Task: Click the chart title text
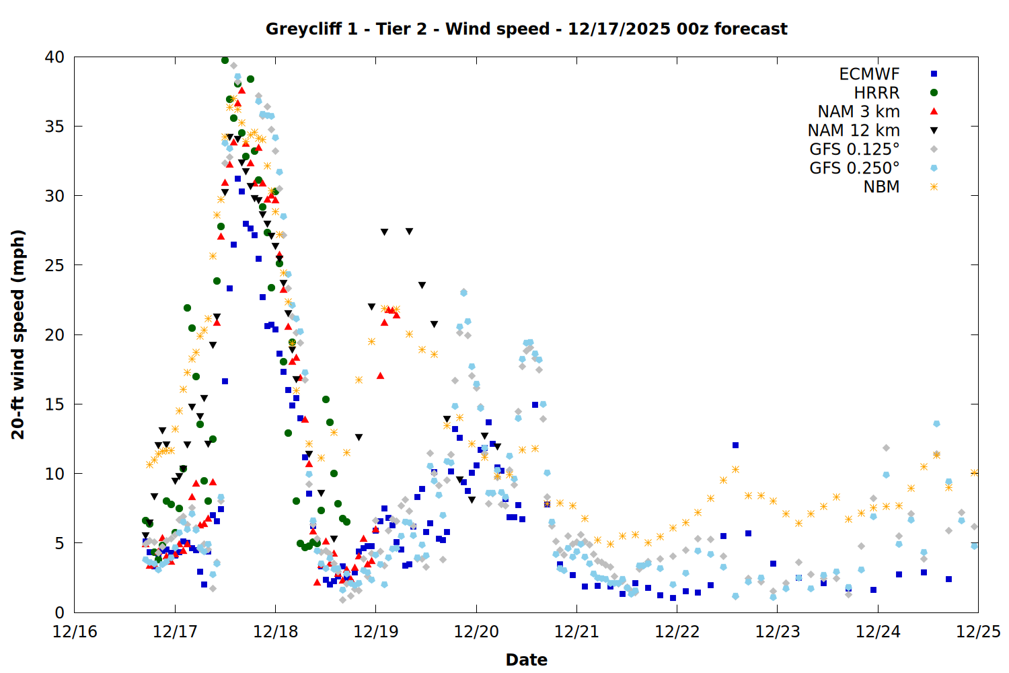tap(526, 29)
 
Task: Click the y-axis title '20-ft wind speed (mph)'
tap(18, 334)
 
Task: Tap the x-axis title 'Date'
tap(526, 660)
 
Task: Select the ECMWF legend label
tap(869, 74)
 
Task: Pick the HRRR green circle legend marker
tap(934, 93)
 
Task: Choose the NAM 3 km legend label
tap(858, 112)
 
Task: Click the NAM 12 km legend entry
tap(854, 131)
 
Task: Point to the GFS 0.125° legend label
tap(854, 149)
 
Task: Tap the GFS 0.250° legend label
tap(854, 168)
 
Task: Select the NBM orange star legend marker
tap(934, 187)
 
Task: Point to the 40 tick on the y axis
tap(54, 57)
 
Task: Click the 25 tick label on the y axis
tap(54, 265)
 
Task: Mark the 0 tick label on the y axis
tap(59, 612)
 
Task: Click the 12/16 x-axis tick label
tap(75, 632)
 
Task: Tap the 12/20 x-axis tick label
tap(476, 632)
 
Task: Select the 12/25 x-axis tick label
tap(978, 632)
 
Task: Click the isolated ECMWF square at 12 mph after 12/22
tap(735, 445)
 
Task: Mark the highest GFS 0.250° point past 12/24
tap(936, 423)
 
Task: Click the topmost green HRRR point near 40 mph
tap(225, 60)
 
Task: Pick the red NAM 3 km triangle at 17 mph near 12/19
tap(380, 376)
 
